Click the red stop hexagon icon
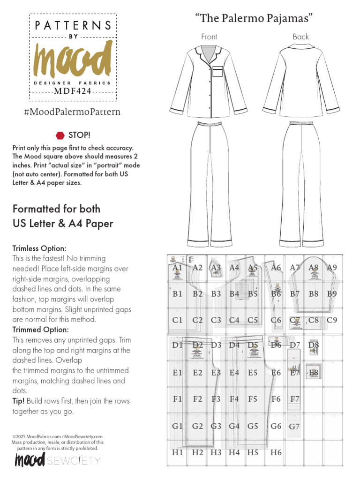coord(60,135)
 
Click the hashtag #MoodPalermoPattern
coord(72,112)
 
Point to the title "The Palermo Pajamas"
coord(254,18)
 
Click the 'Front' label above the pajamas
coord(209,37)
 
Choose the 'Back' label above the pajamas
coord(300,37)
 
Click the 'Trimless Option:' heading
coord(39,248)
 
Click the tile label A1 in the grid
coord(177,268)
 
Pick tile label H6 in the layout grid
coord(276,452)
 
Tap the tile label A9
coord(332,268)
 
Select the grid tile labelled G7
coord(294,427)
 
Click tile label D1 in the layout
coord(177,345)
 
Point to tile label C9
coord(332,321)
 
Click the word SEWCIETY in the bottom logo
coord(74,461)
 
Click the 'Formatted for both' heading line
coord(56,209)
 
